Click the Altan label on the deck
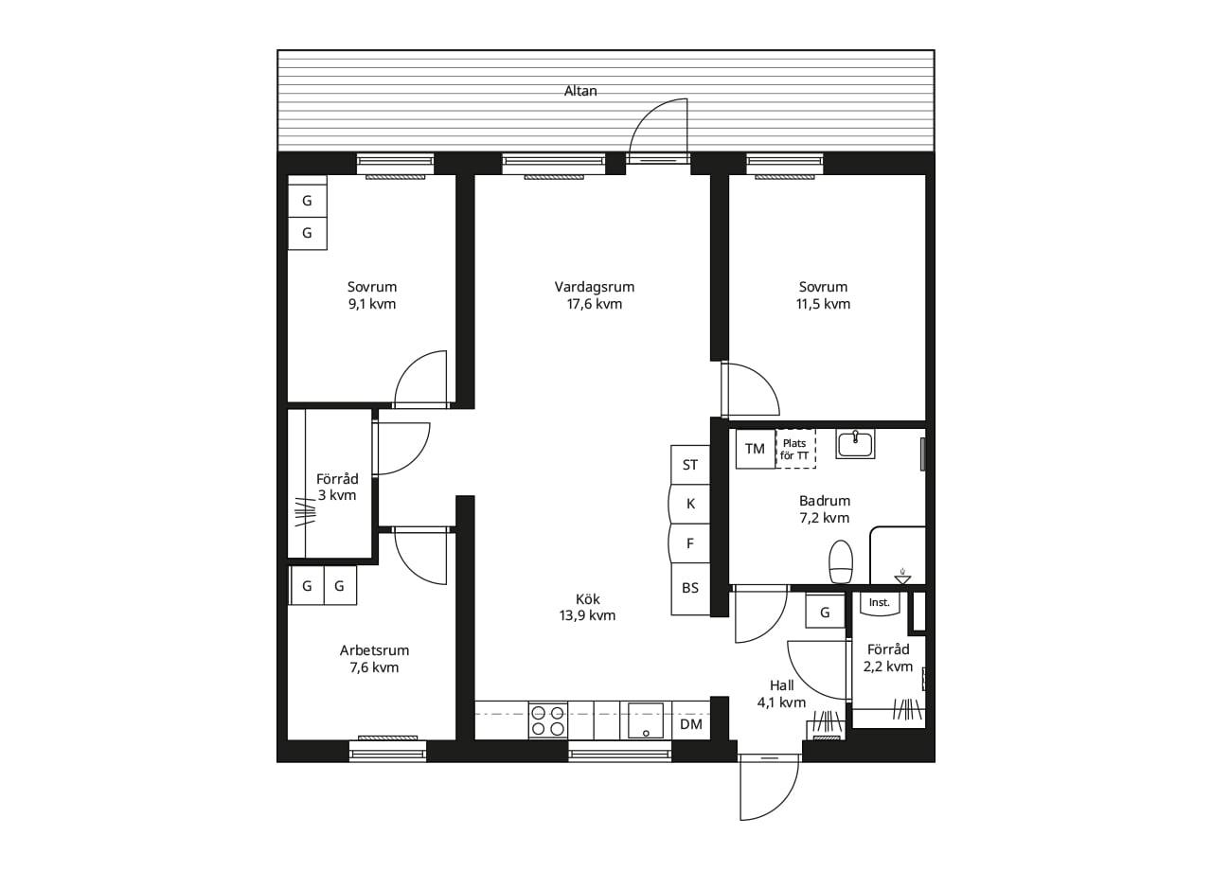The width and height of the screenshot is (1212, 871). [x=580, y=91]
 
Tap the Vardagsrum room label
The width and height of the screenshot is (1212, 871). [x=594, y=287]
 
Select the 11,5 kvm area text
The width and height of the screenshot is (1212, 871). [x=823, y=304]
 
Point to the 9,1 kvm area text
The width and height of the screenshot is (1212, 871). [x=372, y=304]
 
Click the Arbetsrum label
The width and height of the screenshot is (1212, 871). [x=374, y=650]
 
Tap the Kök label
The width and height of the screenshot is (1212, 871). [x=588, y=599]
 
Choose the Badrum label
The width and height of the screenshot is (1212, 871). [x=825, y=501]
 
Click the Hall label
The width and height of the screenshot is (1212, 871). [x=781, y=685]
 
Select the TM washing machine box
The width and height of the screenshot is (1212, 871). [x=756, y=449]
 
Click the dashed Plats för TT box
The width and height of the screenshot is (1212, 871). [x=795, y=449]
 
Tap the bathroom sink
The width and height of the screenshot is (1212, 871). [x=855, y=444]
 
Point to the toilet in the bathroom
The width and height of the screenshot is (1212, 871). [x=841, y=561]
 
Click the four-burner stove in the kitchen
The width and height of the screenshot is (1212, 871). [x=548, y=720]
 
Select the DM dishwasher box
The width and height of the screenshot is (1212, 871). [x=691, y=724]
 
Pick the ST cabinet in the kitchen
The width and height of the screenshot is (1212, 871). [x=690, y=465]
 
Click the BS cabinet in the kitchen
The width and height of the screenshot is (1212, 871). [x=690, y=588]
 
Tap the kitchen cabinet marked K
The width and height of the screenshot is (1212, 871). [x=690, y=504]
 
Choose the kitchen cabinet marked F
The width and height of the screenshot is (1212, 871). [x=690, y=543]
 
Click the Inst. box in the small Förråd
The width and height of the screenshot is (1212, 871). [x=880, y=603]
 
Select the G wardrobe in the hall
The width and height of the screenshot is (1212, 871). [x=825, y=612]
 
